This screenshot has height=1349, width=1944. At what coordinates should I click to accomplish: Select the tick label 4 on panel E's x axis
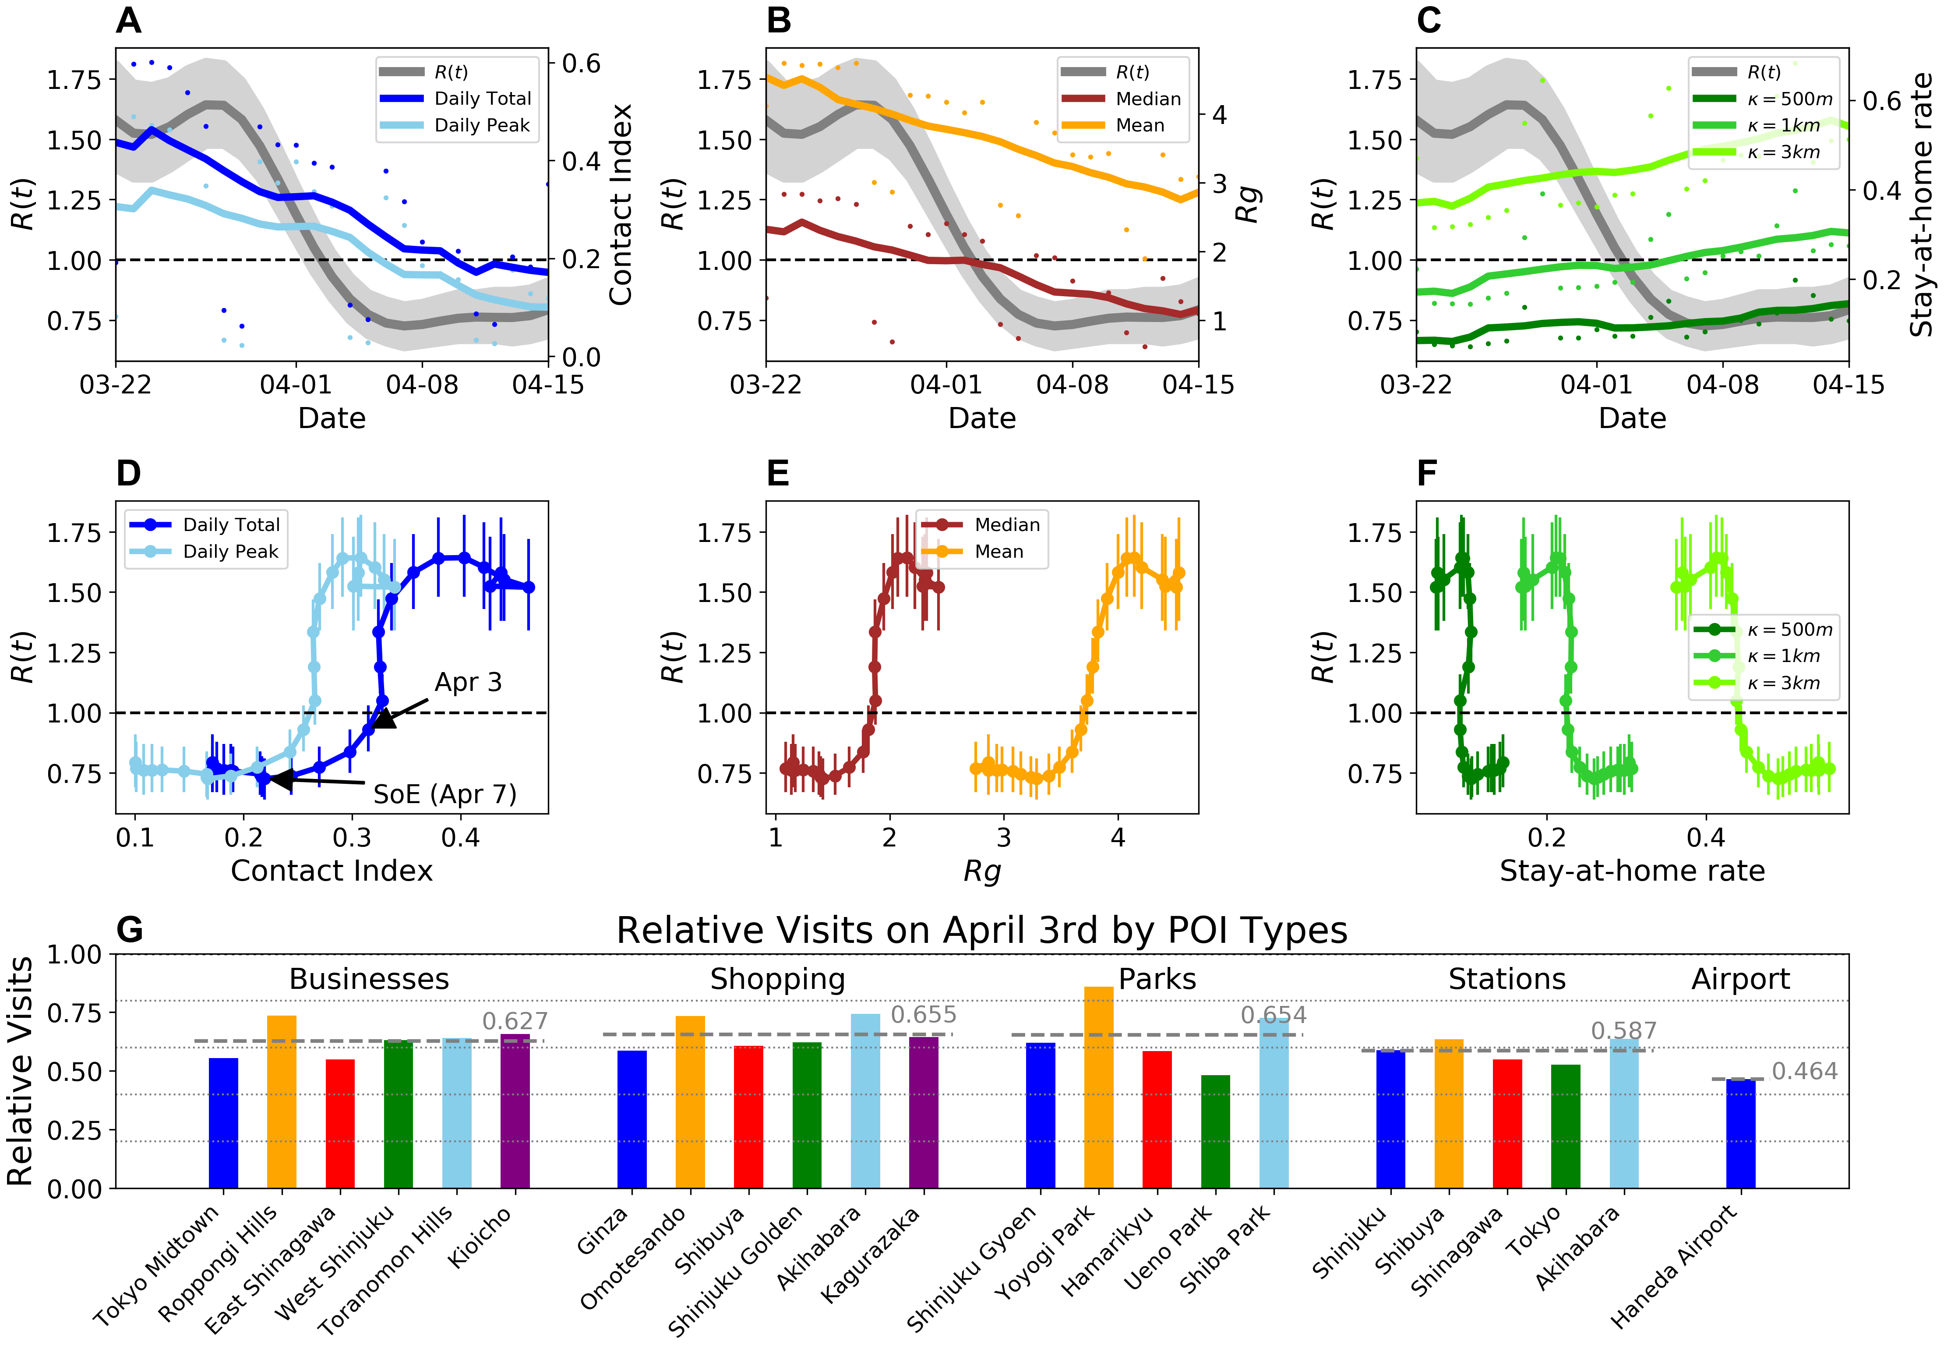point(1118,838)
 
